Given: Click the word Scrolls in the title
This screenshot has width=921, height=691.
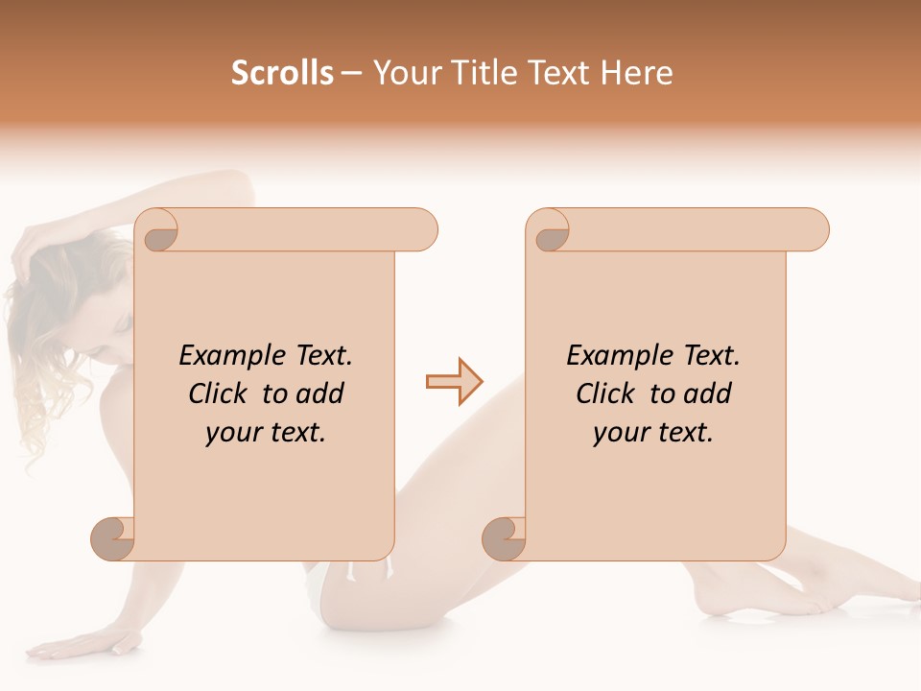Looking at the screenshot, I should (x=282, y=73).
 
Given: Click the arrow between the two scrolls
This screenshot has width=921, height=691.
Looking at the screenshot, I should (x=454, y=382).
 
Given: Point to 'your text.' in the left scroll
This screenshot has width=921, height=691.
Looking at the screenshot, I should (x=266, y=432).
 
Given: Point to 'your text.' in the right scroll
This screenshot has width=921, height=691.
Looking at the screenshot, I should (x=653, y=432).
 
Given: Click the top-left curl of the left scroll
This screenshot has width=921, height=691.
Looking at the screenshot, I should (x=156, y=233).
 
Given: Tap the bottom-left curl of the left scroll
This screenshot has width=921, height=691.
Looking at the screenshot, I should (x=113, y=537).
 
